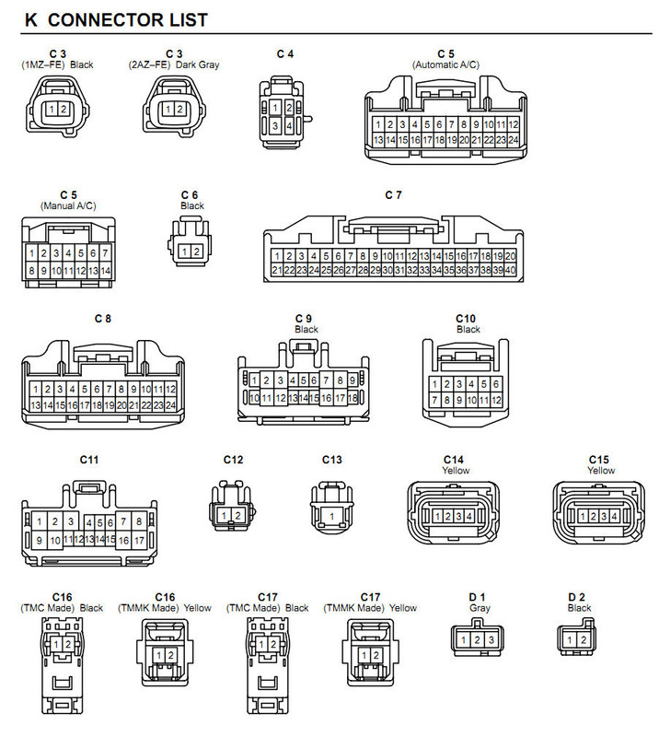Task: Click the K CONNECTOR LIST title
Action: (x=116, y=19)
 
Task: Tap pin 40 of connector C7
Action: (x=510, y=270)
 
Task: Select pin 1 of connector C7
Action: (x=277, y=256)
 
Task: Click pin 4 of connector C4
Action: (x=289, y=126)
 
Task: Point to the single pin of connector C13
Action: (x=331, y=517)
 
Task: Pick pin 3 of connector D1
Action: (x=491, y=639)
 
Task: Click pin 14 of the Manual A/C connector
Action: (x=105, y=271)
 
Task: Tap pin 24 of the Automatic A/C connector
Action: (x=514, y=140)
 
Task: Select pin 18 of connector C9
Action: (x=353, y=398)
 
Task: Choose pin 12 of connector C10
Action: (x=496, y=400)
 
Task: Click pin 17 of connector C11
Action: (x=139, y=541)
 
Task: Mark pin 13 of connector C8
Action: (x=35, y=404)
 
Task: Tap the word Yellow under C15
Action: (x=601, y=471)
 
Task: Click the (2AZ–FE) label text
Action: (x=149, y=64)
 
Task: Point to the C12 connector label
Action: (x=234, y=460)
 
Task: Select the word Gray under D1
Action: (x=480, y=608)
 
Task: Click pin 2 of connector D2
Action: (x=583, y=639)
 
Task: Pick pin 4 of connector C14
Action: (x=468, y=517)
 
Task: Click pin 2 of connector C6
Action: (x=196, y=252)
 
